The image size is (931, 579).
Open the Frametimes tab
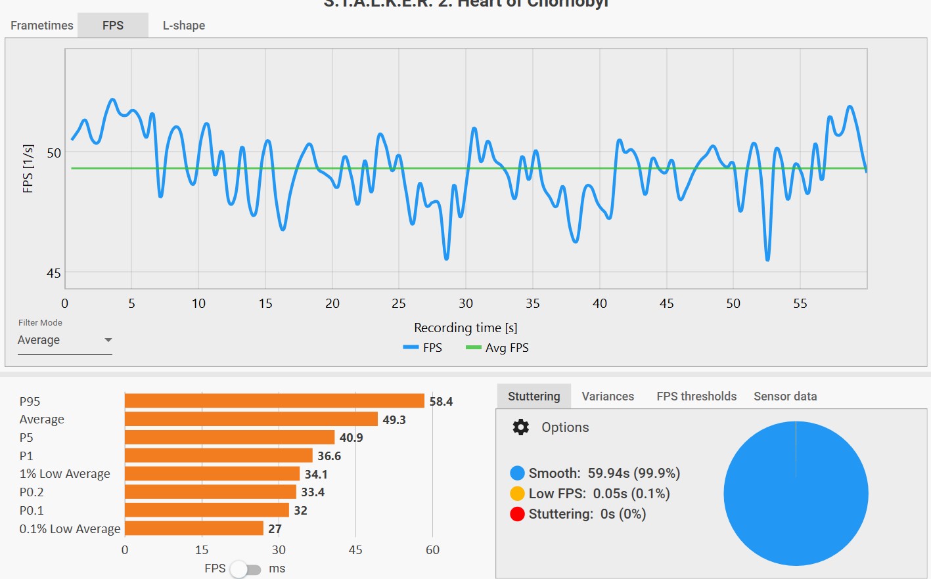pyautogui.click(x=42, y=26)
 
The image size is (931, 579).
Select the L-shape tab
pyautogui.click(x=184, y=26)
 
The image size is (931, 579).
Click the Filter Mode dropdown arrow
pyautogui.click(x=108, y=340)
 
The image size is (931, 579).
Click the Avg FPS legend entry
pyautogui.click(x=497, y=348)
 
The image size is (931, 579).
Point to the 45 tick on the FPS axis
pyautogui.click(x=54, y=273)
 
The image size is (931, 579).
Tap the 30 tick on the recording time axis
pyautogui.click(x=466, y=303)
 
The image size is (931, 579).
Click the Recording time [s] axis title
pyautogui.click(x=465, y=328)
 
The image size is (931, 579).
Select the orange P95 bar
pyautogui.click(x=274, y=401)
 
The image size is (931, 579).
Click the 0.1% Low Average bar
pyautogui.click(x=194, y=528)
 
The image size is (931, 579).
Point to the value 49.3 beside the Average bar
pyautogui.click(x=394, y=419)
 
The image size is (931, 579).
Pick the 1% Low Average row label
pyautogui.click(x=65, y=474)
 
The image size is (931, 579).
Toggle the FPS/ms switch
pyautogui.click(x=245, y=569)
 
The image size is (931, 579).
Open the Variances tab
pyautogui.click(x=608, y=397)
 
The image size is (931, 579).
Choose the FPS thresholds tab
pyautogui.click(x=696, y=397)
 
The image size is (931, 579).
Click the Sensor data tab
pyautogui.click(x=785, y=397)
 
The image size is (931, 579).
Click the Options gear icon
pyautogui.click(x=521, y=427)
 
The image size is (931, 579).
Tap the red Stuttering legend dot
pyautogui.click(x=517, y=514)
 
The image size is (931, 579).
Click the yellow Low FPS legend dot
pyautogui.click(x=517, y=494)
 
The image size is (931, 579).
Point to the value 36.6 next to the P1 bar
pyautogui.click(x=329, y=456)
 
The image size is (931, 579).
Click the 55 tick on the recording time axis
pyautogui.click(x=800, y=303)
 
